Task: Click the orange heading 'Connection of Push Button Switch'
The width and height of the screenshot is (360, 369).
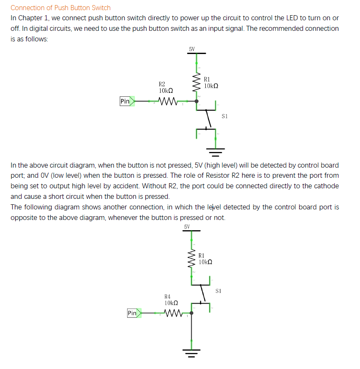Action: click(60, 8)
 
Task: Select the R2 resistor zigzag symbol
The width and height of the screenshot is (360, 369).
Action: click(166, 101)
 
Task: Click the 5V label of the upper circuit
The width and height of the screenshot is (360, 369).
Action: click(192, 49)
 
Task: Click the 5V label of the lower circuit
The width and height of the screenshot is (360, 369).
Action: click(187, 227)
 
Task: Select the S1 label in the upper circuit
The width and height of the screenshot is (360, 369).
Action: click(224, 116)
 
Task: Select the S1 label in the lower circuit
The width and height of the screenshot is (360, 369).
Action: click(218, 291)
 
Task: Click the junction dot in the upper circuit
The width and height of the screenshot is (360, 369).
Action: click(196, 101)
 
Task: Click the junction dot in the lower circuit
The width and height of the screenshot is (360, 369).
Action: click(191, 313)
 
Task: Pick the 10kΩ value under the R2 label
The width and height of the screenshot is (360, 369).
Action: click(166, 91)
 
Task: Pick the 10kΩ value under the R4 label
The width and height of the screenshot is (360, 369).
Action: click(171, 303)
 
